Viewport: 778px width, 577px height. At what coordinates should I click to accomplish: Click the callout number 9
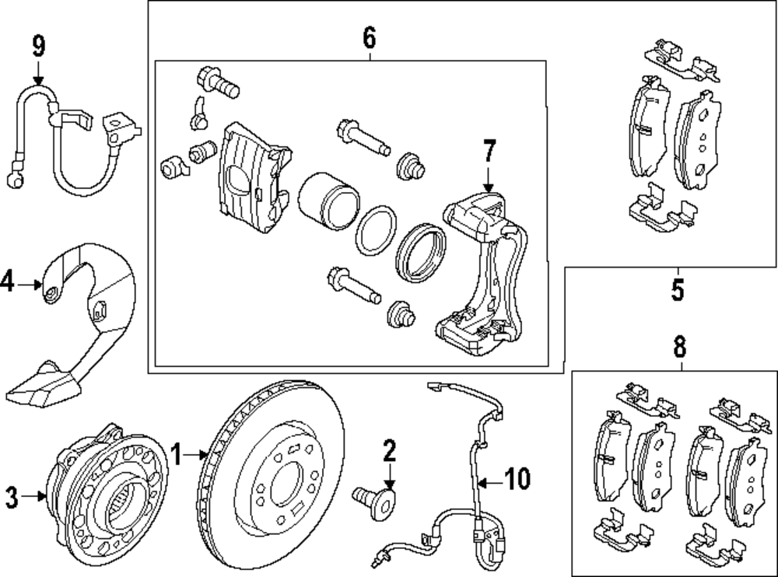38,46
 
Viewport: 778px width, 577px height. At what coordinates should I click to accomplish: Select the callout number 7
488,150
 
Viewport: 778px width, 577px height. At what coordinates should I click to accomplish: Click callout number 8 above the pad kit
679,347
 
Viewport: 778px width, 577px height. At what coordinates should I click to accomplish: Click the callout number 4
8,284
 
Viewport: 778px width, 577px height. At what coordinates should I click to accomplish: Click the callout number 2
388,450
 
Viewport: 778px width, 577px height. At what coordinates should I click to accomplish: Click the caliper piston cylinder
327,202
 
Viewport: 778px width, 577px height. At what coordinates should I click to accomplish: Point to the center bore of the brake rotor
286,481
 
